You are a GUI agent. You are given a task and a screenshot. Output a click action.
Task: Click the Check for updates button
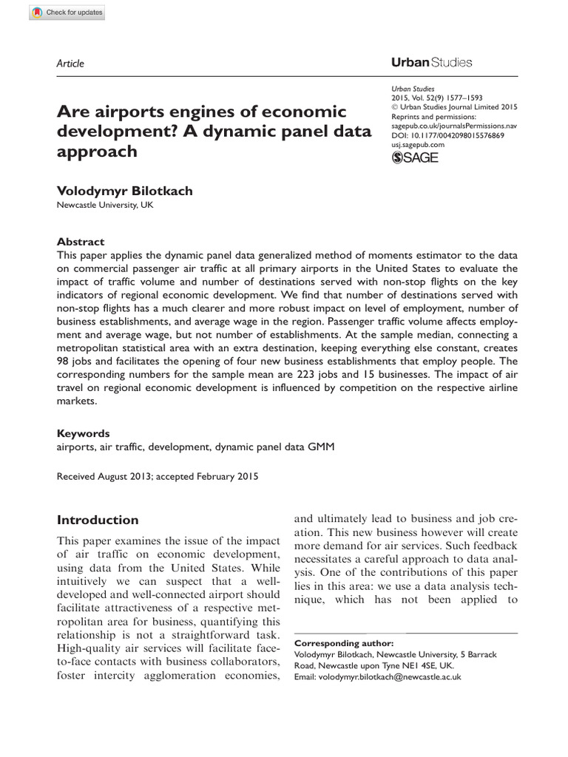pyautogui.click(x=68, y=13)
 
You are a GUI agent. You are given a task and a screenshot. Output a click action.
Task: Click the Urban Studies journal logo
pyautogui.click(x=431, y=63)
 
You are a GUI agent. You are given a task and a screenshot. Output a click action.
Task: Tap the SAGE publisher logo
pyautogui.click(x=414, y=158)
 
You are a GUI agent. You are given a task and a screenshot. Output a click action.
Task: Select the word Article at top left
pyautogui.click(x=70, y=64)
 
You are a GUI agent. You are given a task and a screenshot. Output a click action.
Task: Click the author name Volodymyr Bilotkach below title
pyautogui.click(x=124, y=191)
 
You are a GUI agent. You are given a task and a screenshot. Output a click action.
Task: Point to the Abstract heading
pyautogui.click(x=81, y=242)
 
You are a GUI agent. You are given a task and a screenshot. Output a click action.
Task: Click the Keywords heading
pyautogui.click(x=83, y=433)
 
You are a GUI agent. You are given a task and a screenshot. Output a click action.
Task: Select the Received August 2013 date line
pyautogui.click(x=158, y=477)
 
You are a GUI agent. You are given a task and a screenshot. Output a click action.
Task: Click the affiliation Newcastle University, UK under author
pyautogui.click(x=105, y=206)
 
